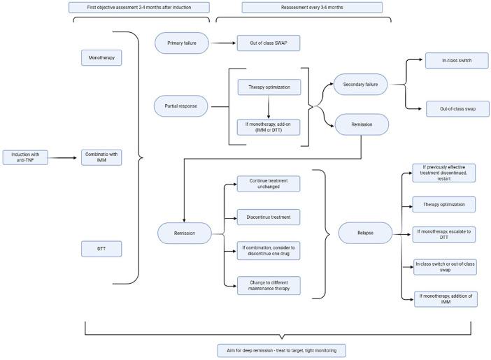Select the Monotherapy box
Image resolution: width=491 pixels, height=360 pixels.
(x=101, y=57)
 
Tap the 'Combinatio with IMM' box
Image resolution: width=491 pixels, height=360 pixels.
(x=101, y=158)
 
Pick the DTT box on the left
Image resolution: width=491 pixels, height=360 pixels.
(x=101, y=248)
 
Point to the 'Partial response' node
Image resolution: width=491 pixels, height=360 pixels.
(x=181, y=106)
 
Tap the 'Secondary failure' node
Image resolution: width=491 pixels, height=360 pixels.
(x=361, y=85)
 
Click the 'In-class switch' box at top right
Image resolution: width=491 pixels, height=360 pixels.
(x=457, y=61)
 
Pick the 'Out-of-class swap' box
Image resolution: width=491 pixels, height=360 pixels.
(x=457, y=108)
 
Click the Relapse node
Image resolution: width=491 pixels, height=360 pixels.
(x=366, y=233)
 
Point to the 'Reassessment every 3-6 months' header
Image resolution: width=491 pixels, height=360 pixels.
(x=311, y=8)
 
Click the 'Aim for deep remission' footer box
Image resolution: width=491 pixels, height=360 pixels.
(x=280, y=350)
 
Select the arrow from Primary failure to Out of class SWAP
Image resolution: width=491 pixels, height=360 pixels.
(x=222, y=43)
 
